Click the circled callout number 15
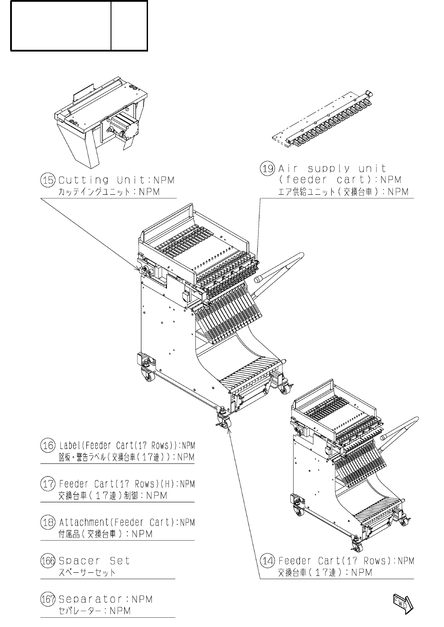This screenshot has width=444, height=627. pos(48,180)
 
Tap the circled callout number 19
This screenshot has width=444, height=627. pos(267,169)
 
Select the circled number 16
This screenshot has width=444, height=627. pos(48,445)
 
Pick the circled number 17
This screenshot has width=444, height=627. pos(48,484)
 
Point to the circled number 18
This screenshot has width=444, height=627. pos(48,523)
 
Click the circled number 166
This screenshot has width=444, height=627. pos(48,561)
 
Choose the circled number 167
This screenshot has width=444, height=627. pos(48,599)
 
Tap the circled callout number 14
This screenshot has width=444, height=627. pos(267,561)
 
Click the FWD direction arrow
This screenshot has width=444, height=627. pos(403,604)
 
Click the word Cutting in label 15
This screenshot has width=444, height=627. pos(84,180)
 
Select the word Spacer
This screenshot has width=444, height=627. pos(79,561)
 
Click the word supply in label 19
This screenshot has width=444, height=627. pos(329,169)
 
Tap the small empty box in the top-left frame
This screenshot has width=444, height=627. pos(129,26)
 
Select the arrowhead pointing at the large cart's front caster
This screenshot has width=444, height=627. pos(228,431)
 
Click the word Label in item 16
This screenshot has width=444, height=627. pos(69,445)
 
